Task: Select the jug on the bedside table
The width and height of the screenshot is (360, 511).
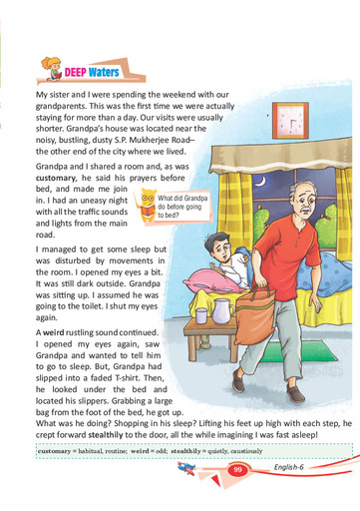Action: coord(224,317)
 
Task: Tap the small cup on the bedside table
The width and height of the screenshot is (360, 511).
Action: coord(201,316)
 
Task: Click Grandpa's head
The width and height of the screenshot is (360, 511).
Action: coord(288,208)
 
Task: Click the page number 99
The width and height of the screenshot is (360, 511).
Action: coord(237,469)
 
